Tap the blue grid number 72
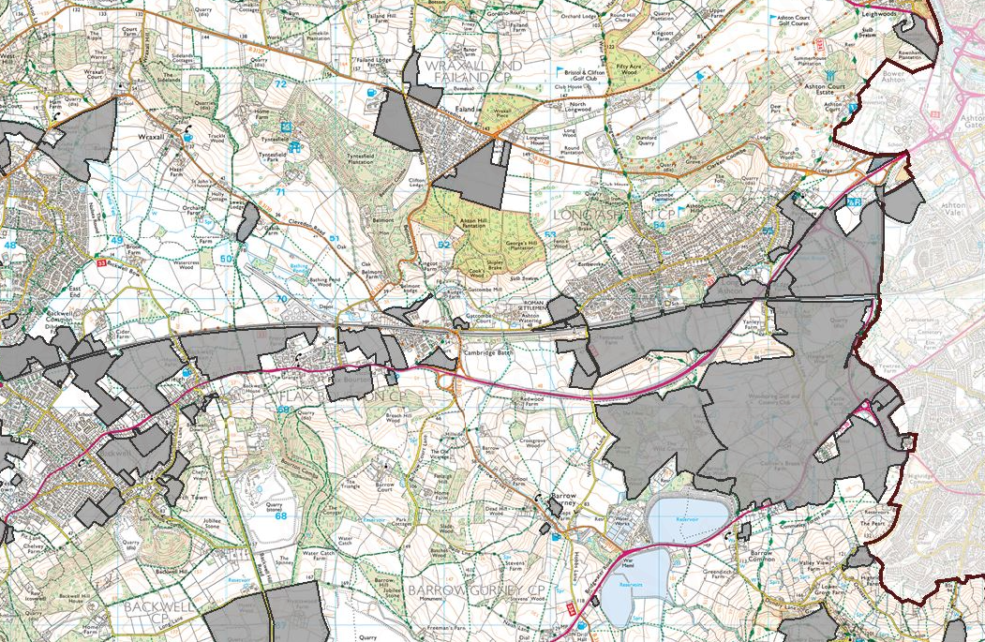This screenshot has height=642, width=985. tap(280, 84)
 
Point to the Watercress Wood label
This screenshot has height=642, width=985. tap(196, 265)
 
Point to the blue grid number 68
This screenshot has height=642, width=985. tap(280, 515)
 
